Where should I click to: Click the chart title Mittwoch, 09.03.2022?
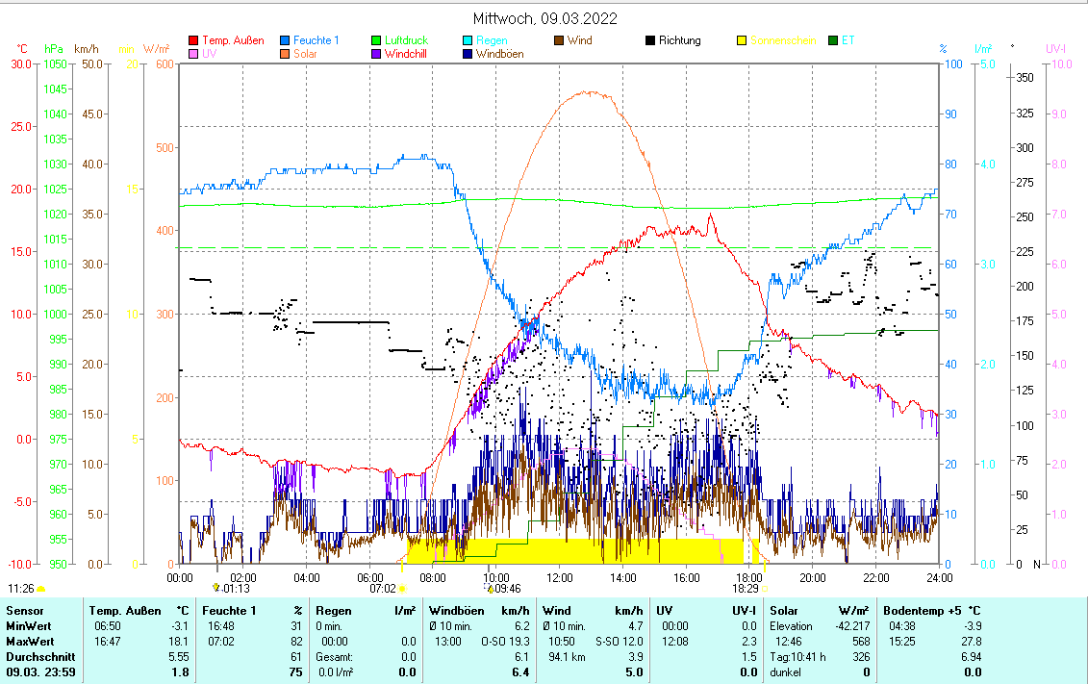click(x=544, y=18)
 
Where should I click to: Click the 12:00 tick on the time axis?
click(x=560, y=578)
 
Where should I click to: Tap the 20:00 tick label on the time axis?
click(x=813, y=578)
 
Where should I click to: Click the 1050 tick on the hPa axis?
click(x=55, y=64)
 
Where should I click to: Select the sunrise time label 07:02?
click(x=383, y=588)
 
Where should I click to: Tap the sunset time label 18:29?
click(x=746, y=588)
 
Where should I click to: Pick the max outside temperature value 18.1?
click(x=180, y=641)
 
